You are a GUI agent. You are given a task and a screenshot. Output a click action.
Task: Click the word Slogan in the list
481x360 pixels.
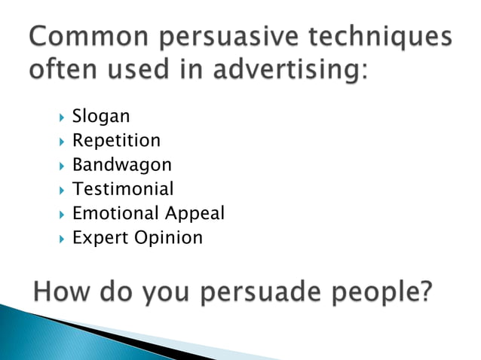point(101,117)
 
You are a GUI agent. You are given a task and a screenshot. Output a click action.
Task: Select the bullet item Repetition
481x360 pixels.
point(116,141)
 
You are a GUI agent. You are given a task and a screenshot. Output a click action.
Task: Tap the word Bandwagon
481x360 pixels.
point(121,165)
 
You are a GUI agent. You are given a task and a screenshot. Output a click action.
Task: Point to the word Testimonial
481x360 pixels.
point(122,189)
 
